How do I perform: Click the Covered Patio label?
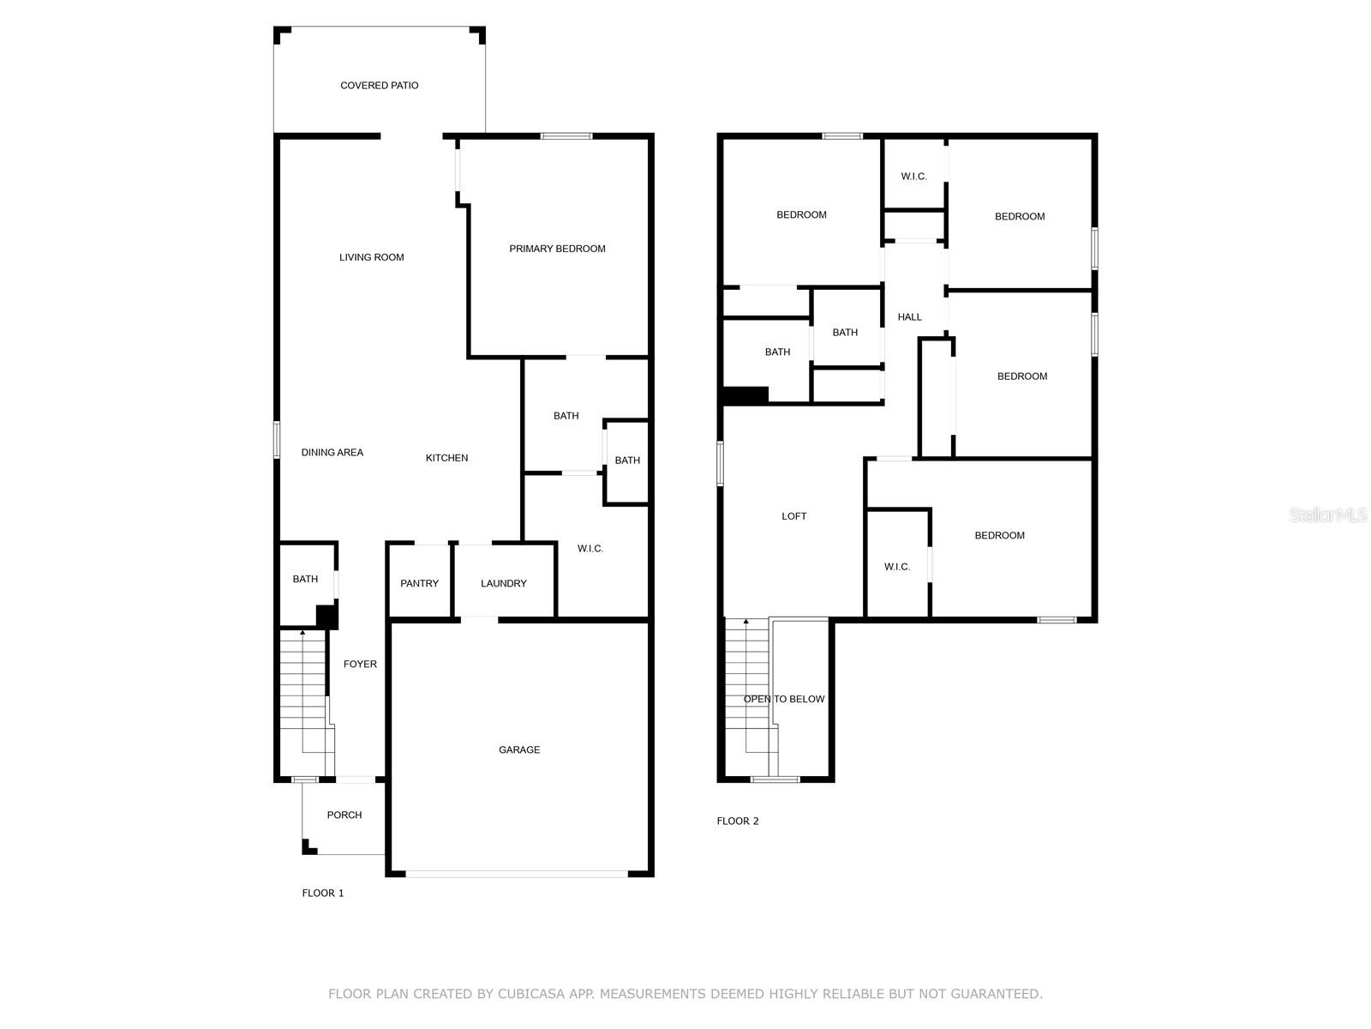pos(379,86)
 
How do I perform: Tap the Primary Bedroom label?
pos(557,249)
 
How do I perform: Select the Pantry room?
pos(419,583)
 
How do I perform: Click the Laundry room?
pos(503,583)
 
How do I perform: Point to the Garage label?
pos(519,749)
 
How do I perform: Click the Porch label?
pos(344,815)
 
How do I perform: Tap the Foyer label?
pos(360,664)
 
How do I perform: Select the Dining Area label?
pos(332,453)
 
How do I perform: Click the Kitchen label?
pos(446,458)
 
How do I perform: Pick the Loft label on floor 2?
pos(793,516)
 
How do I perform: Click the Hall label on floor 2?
pos(909,317)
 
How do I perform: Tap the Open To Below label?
pos(783,699)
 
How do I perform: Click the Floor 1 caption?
pos(323,893)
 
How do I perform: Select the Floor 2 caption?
pos(738,821)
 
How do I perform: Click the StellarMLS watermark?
pos(1329,514)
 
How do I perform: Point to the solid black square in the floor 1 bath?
pos(326,617)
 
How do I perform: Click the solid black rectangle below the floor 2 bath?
pos(745,395)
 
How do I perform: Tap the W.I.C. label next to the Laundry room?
pos(590,549)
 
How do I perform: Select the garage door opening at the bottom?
pos(517,874)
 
